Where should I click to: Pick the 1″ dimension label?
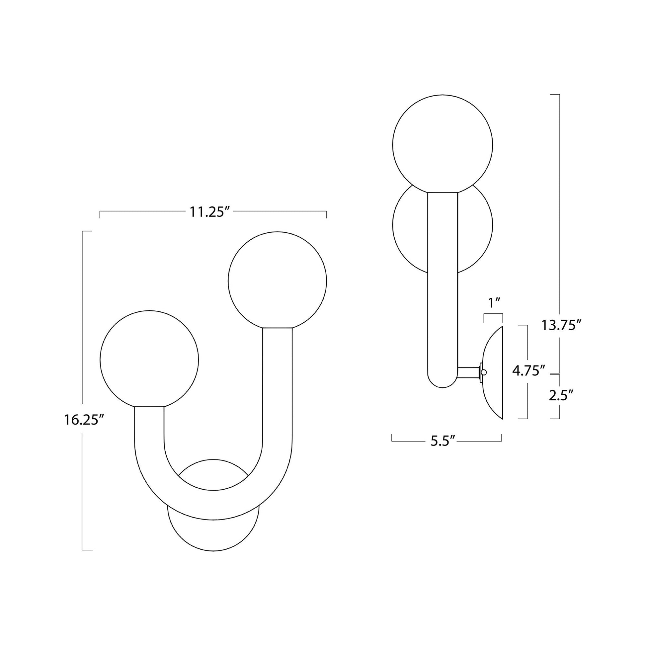(494, 303)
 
